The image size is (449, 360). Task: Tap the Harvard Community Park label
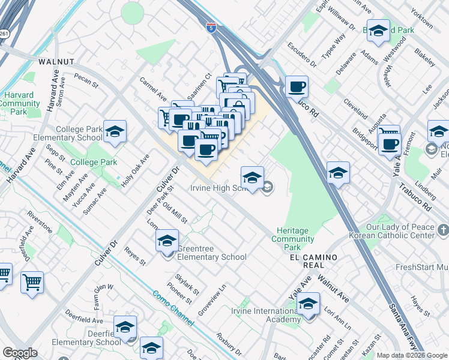pos(19,103)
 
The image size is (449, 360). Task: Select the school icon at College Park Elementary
pos(115,132)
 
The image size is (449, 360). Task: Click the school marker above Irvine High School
pos(252,177)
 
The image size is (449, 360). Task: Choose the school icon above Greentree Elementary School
pos(167,241)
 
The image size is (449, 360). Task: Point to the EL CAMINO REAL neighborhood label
pos(313,257)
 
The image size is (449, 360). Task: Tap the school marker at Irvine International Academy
pos(309,304)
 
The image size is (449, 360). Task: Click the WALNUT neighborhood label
pos(56,62)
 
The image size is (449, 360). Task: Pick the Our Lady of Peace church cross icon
pos(443,230)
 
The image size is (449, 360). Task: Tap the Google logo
pos(20,353)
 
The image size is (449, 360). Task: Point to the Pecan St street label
pos(86,81)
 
